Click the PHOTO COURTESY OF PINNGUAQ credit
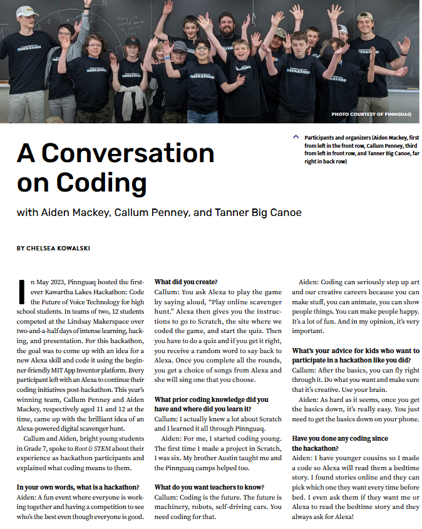[x=371, y=115]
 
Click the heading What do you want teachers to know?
[x=209, y=486]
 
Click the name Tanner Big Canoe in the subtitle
[x=259, y=213]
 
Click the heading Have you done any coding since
[x=340, y=438]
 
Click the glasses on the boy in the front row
[x=200, y=48]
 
